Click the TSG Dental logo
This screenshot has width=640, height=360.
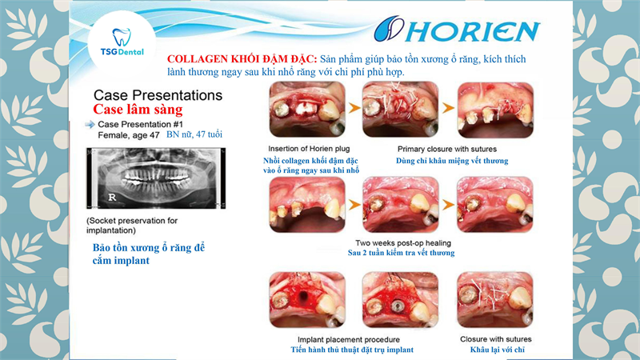coord(122,42)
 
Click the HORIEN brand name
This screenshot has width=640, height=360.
coord(457,30)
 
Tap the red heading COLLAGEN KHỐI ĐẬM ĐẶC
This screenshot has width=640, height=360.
coord(242,59)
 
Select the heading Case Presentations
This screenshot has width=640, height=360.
coord(158,95)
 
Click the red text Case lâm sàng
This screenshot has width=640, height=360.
coord(138,110)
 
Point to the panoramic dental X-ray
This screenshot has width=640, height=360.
coord(156,178)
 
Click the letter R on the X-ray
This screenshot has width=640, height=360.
coord(112,197)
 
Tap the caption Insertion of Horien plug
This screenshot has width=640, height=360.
coord(309,149)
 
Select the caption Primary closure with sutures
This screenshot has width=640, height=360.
coord(447,149)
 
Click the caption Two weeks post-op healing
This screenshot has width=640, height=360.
coord(403,243)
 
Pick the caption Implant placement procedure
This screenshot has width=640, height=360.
coord(349,339)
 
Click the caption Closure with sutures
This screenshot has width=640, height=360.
coord(495,339)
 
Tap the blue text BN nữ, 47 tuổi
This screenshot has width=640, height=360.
coord(194,134)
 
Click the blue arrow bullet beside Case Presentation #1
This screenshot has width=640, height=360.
coord(90,125)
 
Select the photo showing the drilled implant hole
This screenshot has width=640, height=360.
coord(307,300)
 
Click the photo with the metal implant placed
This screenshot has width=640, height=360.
coord(401,300)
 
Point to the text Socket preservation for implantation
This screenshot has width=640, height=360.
coord(132,226)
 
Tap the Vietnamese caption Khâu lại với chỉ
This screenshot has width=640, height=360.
coord(497,350)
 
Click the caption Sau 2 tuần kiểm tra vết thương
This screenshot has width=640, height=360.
coord(402,253)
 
